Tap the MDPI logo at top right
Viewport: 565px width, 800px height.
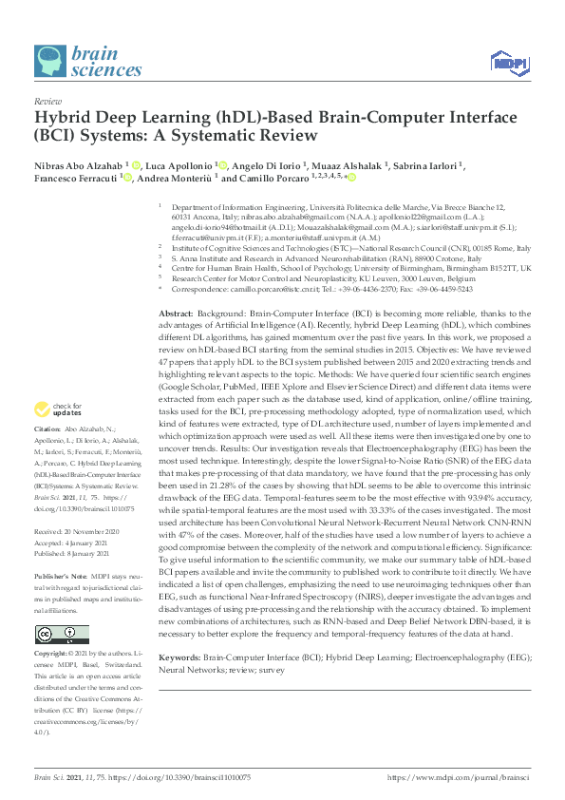(x=508, y=63)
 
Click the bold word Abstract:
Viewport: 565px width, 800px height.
(x=177, y=314)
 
